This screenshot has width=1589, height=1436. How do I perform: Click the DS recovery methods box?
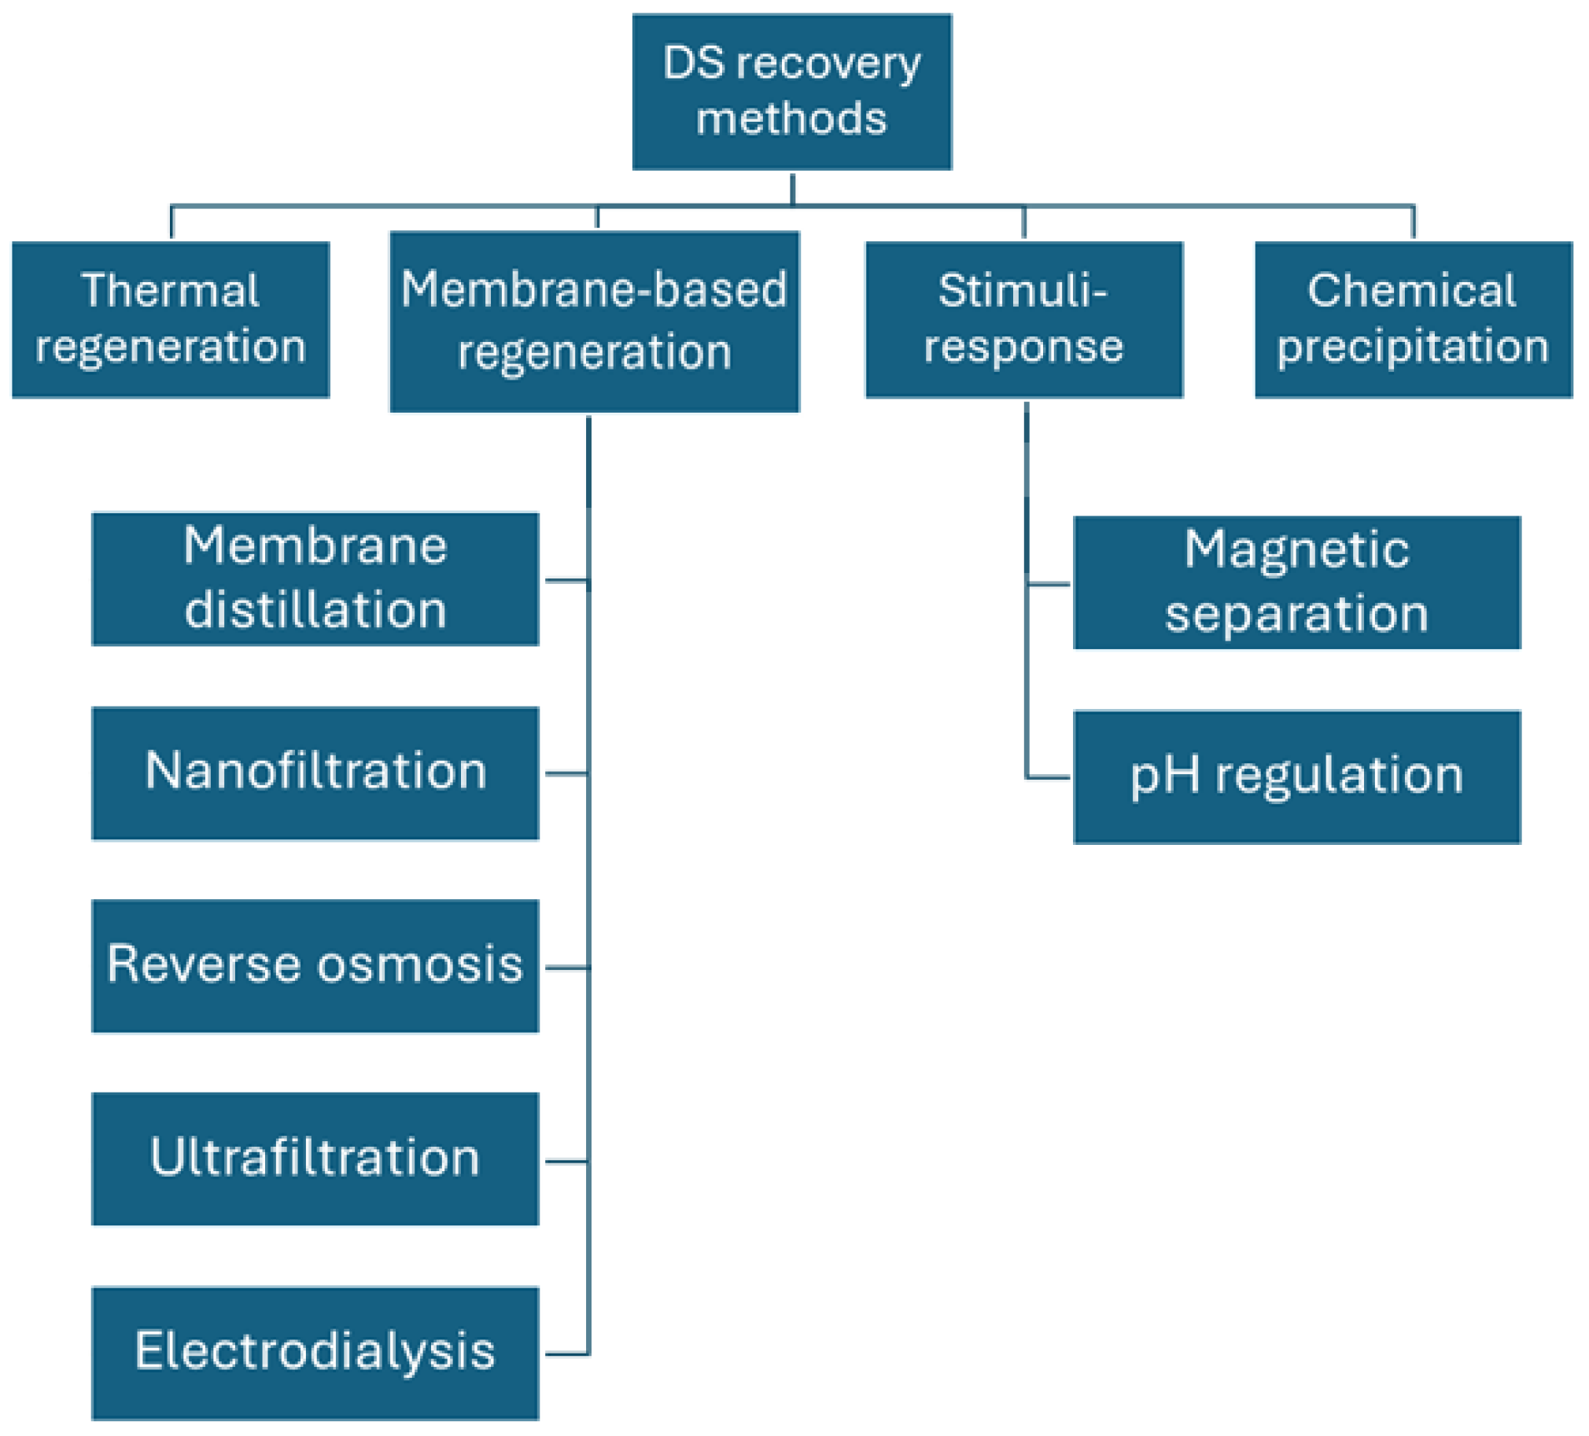pyautogui.click(x=791, y=91)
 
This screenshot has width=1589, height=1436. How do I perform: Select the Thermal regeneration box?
pyautogui.click(x=170, y=319)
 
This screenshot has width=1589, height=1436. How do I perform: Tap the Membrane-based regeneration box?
pyautogui.click(x=594, y=321)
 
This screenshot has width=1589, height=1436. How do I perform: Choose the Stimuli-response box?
pyautogui.click(x=1023, y=319)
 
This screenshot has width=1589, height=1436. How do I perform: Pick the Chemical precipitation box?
pyautogui.click(x=1413, y=319)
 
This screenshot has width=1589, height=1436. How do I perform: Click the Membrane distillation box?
pyautogui.click(x=315, y=579)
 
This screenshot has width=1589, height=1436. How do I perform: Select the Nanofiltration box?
pyautogui.click(x=315, y=773)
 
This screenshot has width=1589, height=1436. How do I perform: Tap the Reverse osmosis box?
pyautogui.click(x=315, y=966)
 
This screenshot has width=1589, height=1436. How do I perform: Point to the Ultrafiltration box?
pyautogui.click(x=315, y=1159)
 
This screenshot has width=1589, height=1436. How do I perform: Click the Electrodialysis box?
pyautogui.click(x=315, y=1353)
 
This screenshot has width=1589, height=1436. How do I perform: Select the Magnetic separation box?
pyautogui.click(x=1296, y=582)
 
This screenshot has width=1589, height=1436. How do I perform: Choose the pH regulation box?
pyautogui.click(x=1296, y=777)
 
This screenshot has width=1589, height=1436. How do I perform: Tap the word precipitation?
pyautogui.click(x=1413, y=347)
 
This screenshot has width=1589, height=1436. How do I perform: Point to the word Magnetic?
pyautogui.click(x=1296, y=549)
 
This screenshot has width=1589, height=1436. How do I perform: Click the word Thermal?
pyautogui.click(x=170, y=290)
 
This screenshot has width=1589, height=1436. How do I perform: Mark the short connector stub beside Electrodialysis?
pyautogui.click(x=566, y=1354)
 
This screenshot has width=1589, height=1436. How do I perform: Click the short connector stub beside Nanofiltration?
pyautogui.click(x=566, y=773)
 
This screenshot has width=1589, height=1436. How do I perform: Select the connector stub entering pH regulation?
pyautogui.click(x=1049, y=777)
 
